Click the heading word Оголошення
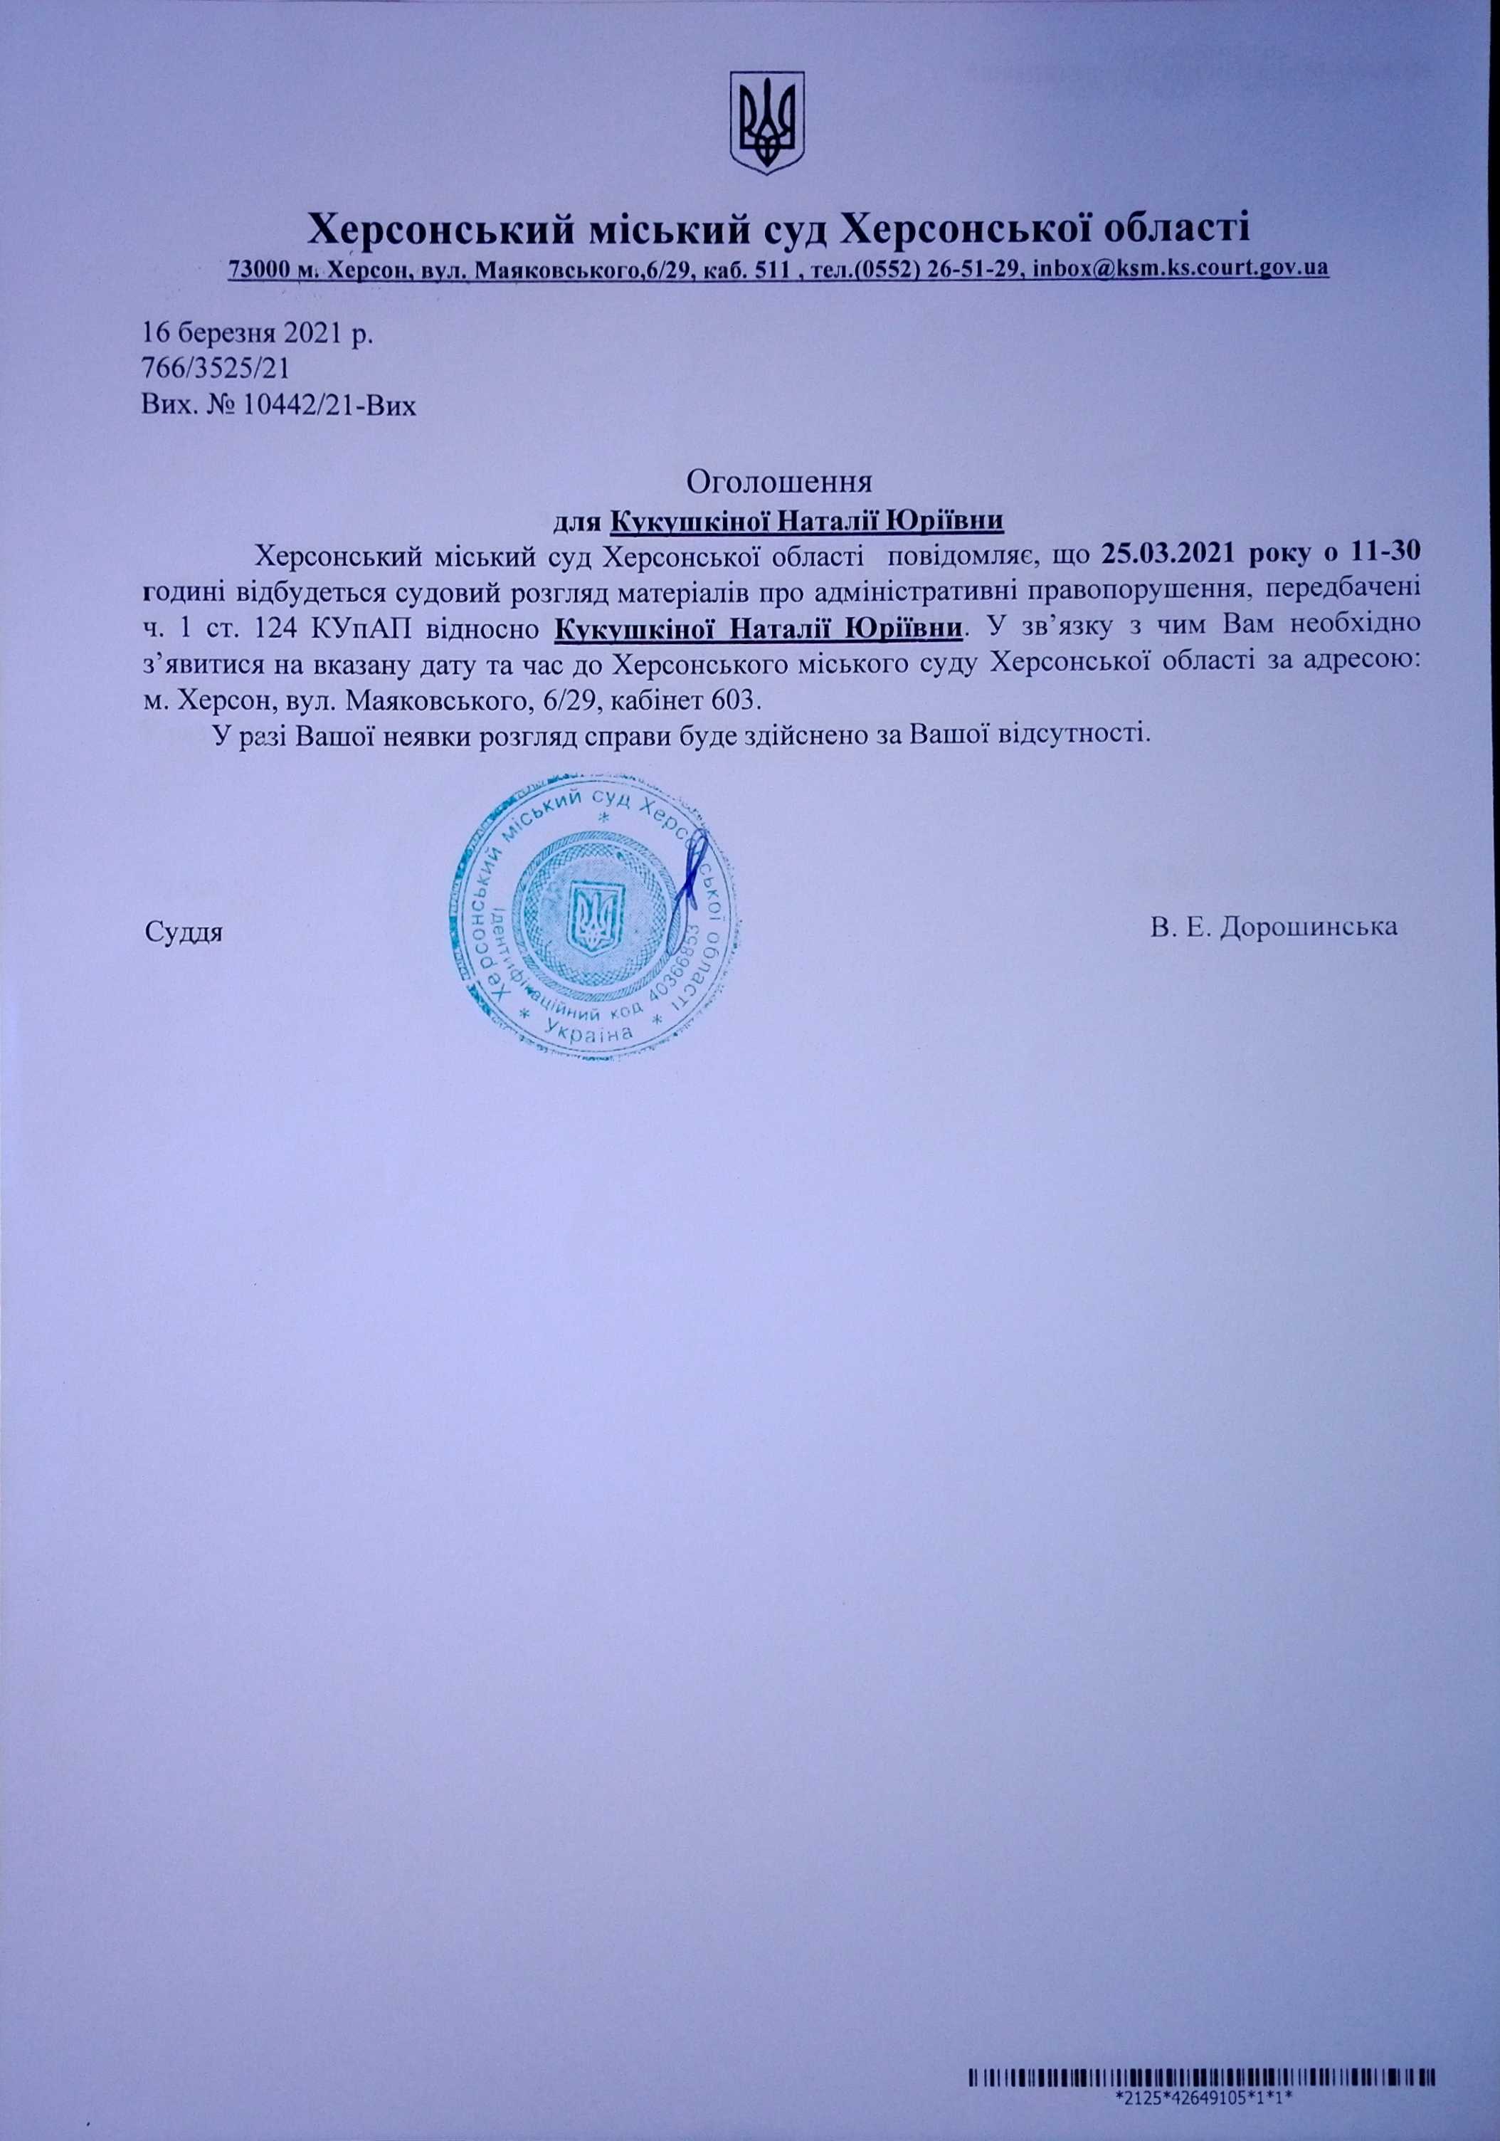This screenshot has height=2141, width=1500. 779,482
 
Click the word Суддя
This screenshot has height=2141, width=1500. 184,930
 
